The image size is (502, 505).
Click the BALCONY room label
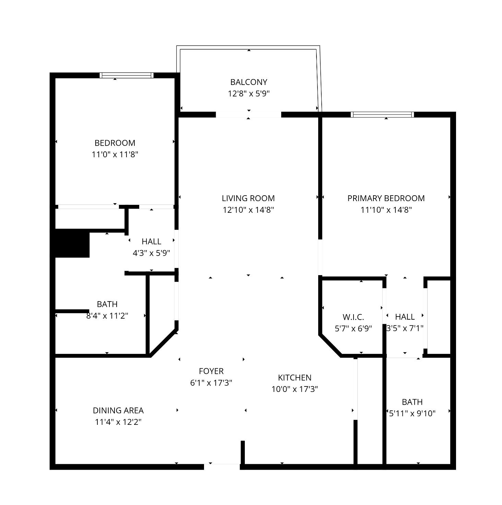pos(249,82)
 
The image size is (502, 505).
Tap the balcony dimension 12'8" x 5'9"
pos(249,94)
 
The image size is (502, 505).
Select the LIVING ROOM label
pos(248,198)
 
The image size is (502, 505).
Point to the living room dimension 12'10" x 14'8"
pos(248,210)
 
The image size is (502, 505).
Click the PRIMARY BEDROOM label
pos(386,198)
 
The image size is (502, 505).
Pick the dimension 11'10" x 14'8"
pos(386,210)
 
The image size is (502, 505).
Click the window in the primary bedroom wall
pos(382,114)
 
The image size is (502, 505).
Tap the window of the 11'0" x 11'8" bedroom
pos(127,75)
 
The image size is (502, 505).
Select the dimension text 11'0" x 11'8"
pos(115,155)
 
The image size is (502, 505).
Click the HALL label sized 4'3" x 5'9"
pos(152,241)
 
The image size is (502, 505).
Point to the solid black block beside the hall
pos(70,243)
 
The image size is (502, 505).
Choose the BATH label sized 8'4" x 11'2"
pos(107,304)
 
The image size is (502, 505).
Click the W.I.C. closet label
pos(353,317)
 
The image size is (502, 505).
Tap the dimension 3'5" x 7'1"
pos(405,328)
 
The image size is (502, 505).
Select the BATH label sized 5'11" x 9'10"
pos(412,402)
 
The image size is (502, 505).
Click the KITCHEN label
pos(295,378)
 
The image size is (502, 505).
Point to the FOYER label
pos(211,371)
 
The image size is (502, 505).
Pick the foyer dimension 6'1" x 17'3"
pos(211,383)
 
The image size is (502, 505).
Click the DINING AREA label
pos(118,410)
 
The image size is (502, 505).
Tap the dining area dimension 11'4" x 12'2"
pos(118,422)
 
